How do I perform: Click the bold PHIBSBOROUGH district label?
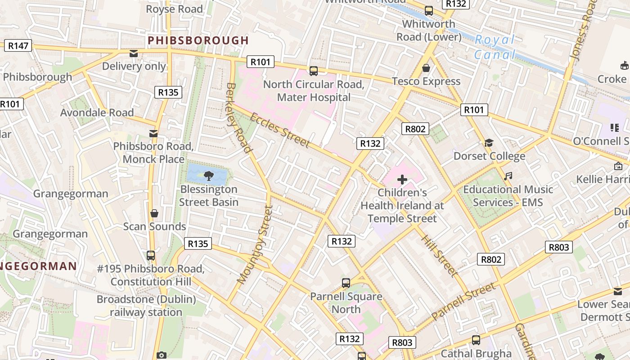click(198, 40)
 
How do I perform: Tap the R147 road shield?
click(18, 45)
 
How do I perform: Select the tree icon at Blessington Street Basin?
click(208, 175)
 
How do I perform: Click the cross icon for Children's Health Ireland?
click(402, 180)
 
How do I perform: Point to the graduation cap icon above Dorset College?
click(489, 143)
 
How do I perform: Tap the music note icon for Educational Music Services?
click(508, 176)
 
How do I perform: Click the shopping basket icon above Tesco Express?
click(426, 68)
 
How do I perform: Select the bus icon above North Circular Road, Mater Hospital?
click(314, 71)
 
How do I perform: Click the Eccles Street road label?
click(279, 130)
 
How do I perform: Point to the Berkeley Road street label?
click(238, 118)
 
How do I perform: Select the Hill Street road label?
click(439, 255)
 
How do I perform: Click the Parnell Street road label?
click(463, 301)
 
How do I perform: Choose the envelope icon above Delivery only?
click(134, 54)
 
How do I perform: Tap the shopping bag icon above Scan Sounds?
click(154, 213)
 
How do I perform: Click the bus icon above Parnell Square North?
click(346, 283)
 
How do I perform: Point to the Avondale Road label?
click(97, 112)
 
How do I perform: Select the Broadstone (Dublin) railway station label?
click(146, 306)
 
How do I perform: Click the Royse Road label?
click(174, 9)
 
